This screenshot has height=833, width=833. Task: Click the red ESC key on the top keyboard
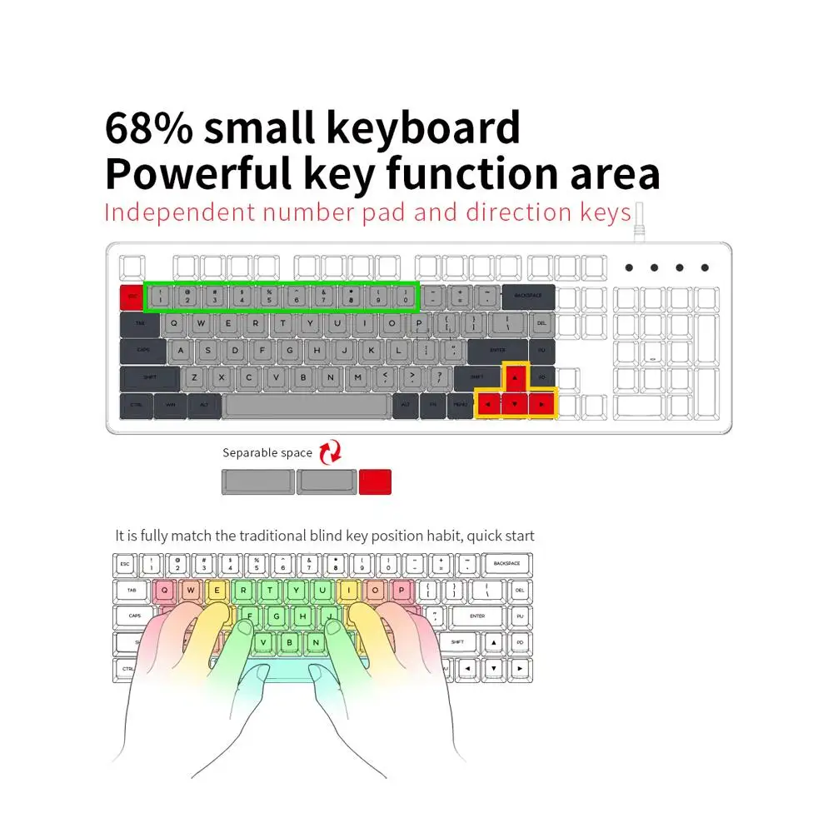(x=132, y=297)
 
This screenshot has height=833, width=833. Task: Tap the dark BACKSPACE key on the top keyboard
(x=527, y=297)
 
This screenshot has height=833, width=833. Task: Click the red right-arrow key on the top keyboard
(x=542, y=406)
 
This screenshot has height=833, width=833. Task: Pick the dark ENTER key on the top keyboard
(x=497, y=352)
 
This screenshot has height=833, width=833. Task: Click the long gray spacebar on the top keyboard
(x=306, y=406)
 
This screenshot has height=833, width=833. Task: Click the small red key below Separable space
(x=375, y=482)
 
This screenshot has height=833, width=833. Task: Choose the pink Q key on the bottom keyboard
(x=164, y=590)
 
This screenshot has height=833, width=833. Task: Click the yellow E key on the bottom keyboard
(x=217, y=590)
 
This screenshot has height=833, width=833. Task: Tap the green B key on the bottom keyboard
(x=289, y=642)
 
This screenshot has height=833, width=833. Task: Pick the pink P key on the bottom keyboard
(x=402, y=590)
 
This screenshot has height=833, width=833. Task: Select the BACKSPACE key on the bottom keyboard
(x=506, y=564)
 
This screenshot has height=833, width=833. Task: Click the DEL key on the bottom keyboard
(x=520, y=590)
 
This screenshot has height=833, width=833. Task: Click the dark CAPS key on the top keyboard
(x=143, y=352)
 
